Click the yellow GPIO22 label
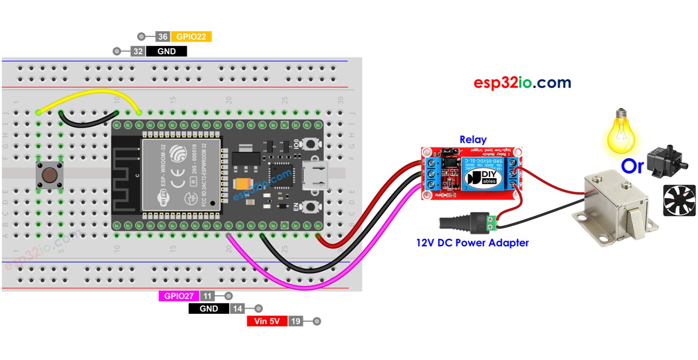coord(191,37)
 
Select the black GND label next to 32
coord(166,51)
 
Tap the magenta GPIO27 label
coord(178,296)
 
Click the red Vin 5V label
coord(267,322)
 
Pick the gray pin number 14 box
coord(237,309)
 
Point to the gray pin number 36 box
coord(162,37)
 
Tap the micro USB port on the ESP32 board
coord(315,176)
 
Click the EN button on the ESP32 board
coord(311,206)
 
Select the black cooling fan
coord(679,200)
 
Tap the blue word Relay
coord(472,140)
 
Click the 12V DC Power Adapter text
coord(472,243)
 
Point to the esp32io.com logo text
coord(522,83)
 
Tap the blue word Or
coord(632,166)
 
